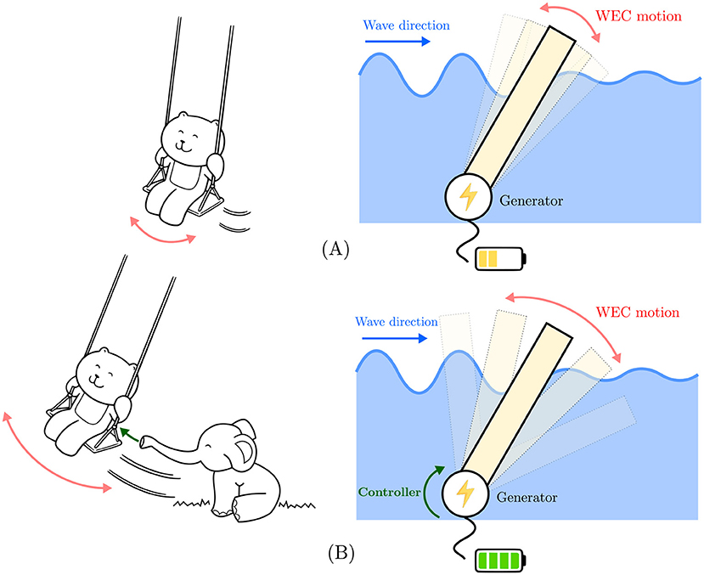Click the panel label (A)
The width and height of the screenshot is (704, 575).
pyautogui.click(x=337, y=249)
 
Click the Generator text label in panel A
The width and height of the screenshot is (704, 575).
pyautogui.click(x=530, y=200)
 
